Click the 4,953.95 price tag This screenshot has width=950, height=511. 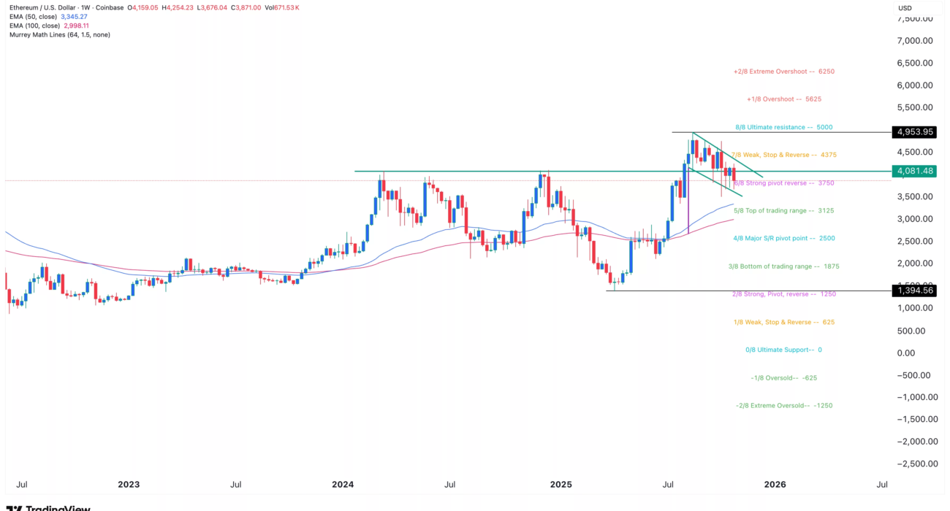pyautogui.click(x=913, y=132)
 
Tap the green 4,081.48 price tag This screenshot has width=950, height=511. pyautogui.click(x=913, y=171)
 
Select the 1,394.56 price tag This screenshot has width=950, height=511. pyautogui.click(x=913, y=291)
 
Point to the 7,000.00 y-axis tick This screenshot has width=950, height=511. pyautogui.click(x=914, y=41)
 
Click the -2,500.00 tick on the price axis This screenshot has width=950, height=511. pyautogui.click(x=912, y=464)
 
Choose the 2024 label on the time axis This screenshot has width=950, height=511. pyautogui.click(x=343, y=484)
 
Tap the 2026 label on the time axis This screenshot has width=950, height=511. pyautogui.click(x=775, y=484)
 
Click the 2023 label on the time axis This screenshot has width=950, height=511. pyautogui.click(x=129, y=484)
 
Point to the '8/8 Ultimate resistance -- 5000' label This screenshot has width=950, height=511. pyautogui.click(x=783, y=127)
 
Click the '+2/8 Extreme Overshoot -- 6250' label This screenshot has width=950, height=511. pyautogui.click(x=783, y=72)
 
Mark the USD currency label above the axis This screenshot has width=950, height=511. pyautogui.click(x=905, y=8)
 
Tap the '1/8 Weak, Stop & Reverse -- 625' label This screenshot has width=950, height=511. pyautogui.click(x=783, y=322)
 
